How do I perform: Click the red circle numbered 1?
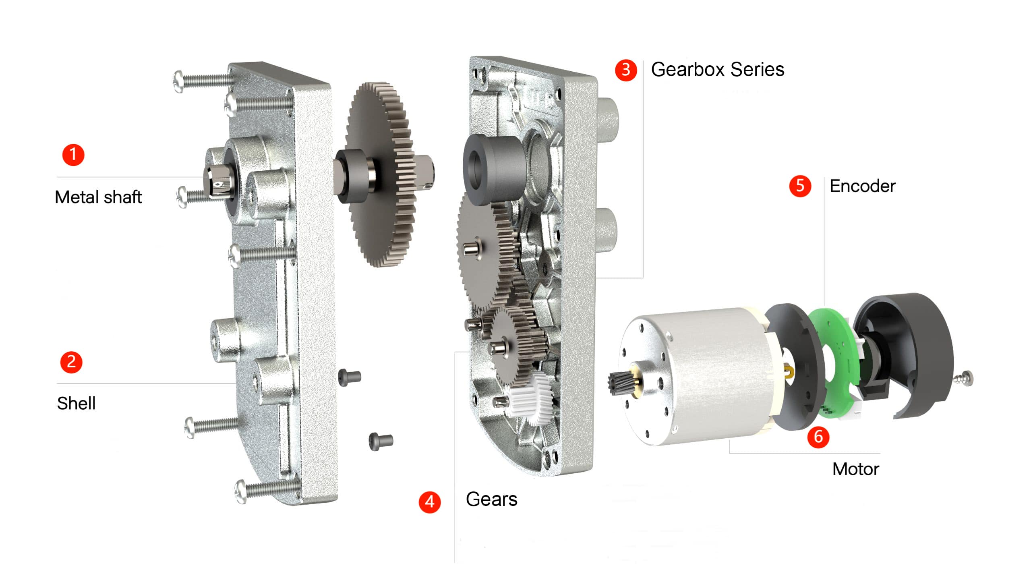pos(73,155)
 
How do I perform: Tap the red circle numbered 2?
pos(71,362)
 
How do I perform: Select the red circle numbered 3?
pos(626,70)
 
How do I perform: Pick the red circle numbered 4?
pos(430,502)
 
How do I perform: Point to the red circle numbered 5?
pos(800,186)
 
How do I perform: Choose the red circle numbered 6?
pos(818,437)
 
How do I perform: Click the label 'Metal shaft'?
pos(98,197)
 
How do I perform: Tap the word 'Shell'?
pos(77,403)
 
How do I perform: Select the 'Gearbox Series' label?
pos(718,69)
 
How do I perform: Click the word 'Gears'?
pos(491,499)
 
